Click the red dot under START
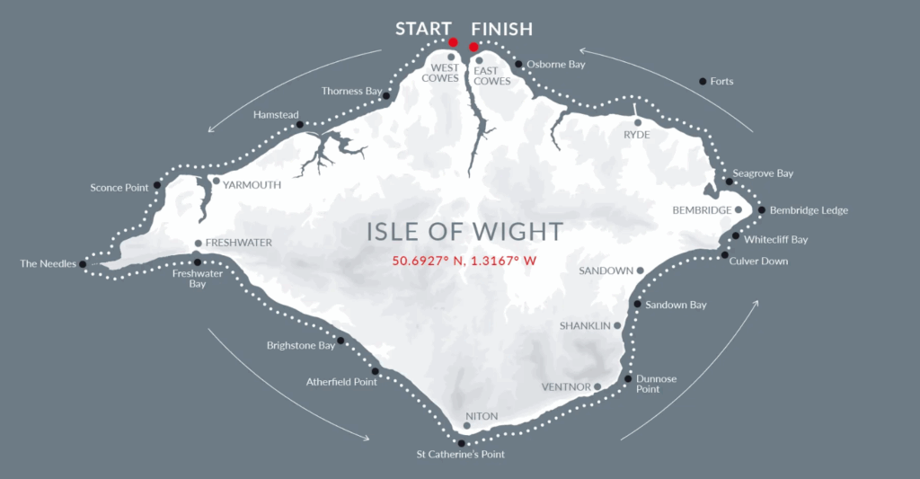pyautogui.click(x=453, y=42)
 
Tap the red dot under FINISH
pyautogui.click(x=473, y=47)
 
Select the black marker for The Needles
pyautogui.click(x=83, y=264)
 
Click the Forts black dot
pyautogui.click(x=703, y=82)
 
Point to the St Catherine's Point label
pyautogui.click(x=460, y=455)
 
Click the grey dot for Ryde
pyautogui.click(x=637, y=122)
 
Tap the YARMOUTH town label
pyautogui.click(x=252, y=185)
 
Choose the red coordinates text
pyautogui.click(x=464, y=262)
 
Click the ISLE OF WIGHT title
pyautogui.click(x=464, y=232)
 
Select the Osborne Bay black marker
pyautogui.click(x=518, y=64)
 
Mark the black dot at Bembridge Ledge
pyautogui.click(x=762, y=210)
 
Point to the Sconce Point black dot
pyautogui.click(x=157, y=186)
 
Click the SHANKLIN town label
pyautogui.click(x=585, y=325)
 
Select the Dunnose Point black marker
pyautogui.click(x=627, y=379)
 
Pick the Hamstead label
pyautogui.click(x=273, y=115)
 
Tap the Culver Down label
pyautogui.click(x=760, y=262)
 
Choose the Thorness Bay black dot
pyautogui.click(x=385, y=95)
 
